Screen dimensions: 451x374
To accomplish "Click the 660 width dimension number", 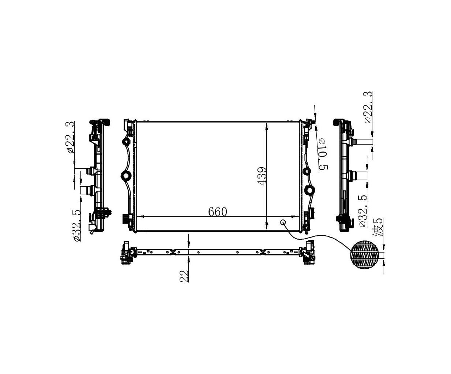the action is [218, 212].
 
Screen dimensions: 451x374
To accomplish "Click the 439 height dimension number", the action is [262, 176].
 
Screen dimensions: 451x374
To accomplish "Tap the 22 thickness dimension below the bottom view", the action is [184, 276].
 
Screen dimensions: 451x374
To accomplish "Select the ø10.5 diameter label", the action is [323, 154].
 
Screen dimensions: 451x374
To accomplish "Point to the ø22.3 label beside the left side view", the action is [71, 138].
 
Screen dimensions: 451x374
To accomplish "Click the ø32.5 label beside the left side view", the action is [77, 226].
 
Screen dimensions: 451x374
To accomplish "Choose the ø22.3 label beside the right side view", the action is [368, 107].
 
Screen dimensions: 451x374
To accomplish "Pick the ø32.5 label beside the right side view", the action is [363, 211].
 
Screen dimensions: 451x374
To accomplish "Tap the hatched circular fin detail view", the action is [365, 255].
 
